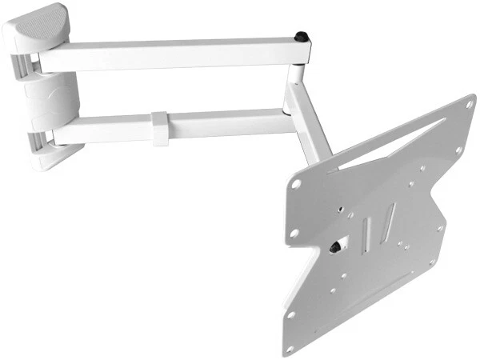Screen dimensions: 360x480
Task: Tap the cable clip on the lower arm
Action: pos(162,128)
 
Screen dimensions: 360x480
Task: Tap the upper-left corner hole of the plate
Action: pos(297,183)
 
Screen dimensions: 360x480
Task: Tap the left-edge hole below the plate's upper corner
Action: pos(294,233)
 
